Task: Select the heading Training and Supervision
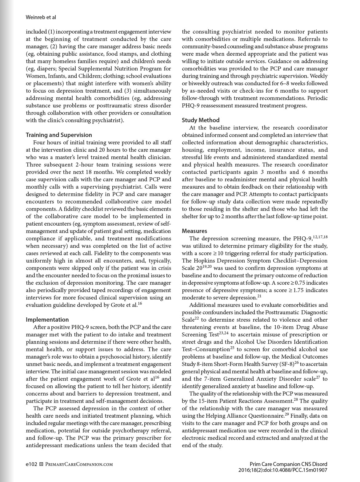[x=59, y=135]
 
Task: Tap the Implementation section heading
[x=47, y=319]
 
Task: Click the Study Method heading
[x=201, y=120]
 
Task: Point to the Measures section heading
[x=194, y=231]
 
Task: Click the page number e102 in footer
[x=31, y=464]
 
